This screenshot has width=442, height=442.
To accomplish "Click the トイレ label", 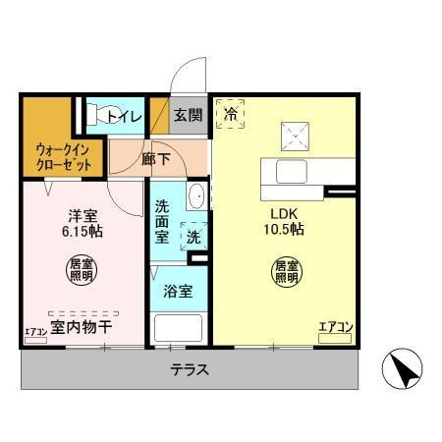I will click(x=125, y=117).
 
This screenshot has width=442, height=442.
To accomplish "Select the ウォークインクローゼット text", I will click(x=64, y=158).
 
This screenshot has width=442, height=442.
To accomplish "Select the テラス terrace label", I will click(x=188, y=370).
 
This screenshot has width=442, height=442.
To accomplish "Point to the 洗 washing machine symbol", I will click(x=193, y=237).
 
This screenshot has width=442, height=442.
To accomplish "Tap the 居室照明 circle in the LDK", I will click(x=286, y=272).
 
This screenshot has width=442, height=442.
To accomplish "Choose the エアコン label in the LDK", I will click(x=335, y=328).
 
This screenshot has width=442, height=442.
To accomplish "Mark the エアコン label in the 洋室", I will click(x=35, y=331).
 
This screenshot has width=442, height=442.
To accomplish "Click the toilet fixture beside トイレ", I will click(x=95, y=115).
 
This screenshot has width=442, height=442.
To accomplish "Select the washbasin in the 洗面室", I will click(x=196, y=194).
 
